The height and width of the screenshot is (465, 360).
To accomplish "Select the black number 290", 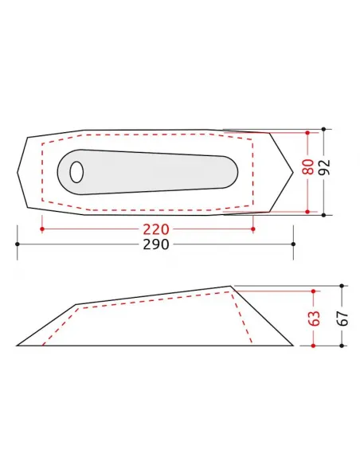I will pos(155,244).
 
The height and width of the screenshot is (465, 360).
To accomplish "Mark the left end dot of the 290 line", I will pos(17,243).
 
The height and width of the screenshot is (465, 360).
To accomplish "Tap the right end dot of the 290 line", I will pos(293,243).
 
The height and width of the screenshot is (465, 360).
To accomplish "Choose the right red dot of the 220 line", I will pos(252,229).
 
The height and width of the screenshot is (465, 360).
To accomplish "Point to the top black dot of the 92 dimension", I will pos(325,129).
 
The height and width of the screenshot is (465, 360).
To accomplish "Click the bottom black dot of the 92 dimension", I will pos(325,214).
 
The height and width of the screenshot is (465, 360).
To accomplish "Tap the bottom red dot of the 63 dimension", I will pos(314,346).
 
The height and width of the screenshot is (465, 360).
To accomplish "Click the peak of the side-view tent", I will pos(231,285).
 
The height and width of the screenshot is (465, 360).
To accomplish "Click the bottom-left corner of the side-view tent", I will pos(17,346).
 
